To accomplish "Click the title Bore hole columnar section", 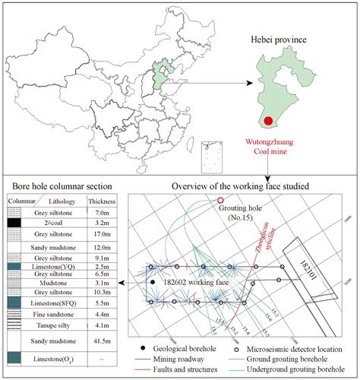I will coord(58,186).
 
